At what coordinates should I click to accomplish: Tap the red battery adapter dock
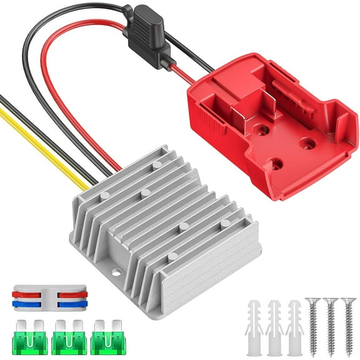[x=262, y=119]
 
